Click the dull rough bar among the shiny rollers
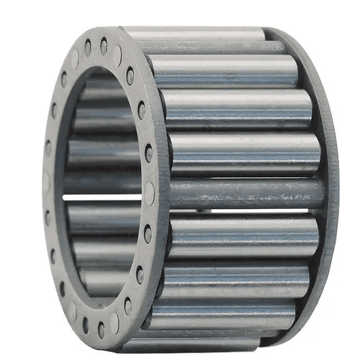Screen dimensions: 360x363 [x=245, y=194]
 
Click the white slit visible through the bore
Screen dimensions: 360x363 [x=102, y=197]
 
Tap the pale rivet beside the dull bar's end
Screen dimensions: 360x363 [x=149, y=194]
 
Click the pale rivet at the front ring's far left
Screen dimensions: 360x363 [x=46, y=182]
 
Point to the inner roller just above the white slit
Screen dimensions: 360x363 [x=102, y=181]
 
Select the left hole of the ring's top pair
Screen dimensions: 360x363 [x=87, y=46]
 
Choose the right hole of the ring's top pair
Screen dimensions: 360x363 [x=104, y=45]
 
